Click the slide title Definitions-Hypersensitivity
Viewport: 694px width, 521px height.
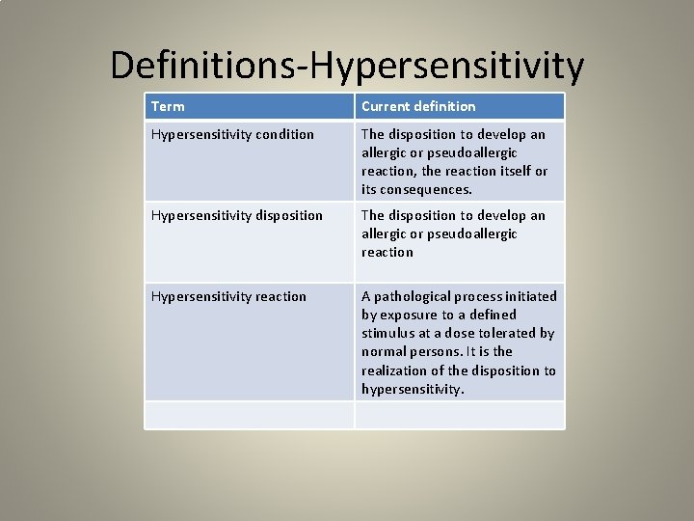[x=347, y=66]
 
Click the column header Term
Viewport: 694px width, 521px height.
[x=168, y=106]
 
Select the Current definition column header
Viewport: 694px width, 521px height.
[x=418, y=106]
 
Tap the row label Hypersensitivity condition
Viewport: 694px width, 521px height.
[x=232, y=134]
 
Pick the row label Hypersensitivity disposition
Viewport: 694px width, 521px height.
[x=237, y=215]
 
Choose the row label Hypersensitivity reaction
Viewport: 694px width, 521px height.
[x=228, y=296]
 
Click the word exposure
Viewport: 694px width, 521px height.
[x=408, y=315]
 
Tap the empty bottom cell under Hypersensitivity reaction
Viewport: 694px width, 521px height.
[x=250, y=415]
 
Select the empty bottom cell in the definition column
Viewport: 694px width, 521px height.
[x=459, y=415]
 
